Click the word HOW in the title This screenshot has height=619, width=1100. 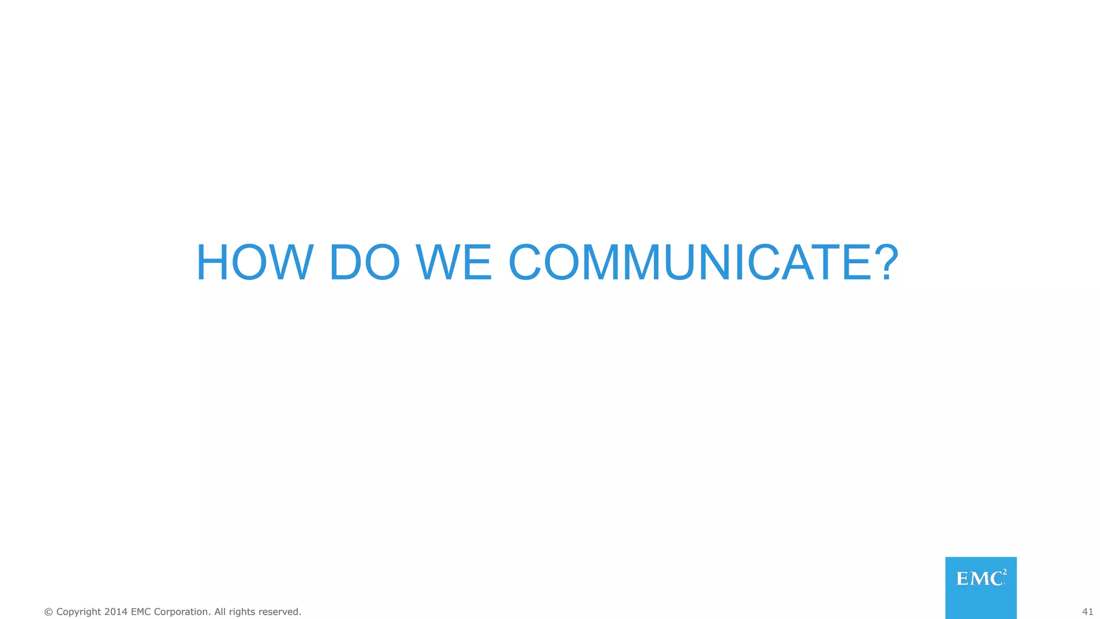(255, 263)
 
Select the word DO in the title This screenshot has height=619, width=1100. (365, 263)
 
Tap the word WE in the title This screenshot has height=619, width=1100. (454, 263)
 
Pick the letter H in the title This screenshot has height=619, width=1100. (214, 263)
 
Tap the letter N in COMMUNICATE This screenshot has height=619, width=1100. (717, 263)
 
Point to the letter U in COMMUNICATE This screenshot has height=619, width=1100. (679, 263)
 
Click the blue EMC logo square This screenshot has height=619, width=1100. (981, 588)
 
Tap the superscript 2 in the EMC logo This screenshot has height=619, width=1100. (1004, 572)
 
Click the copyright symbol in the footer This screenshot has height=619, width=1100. (49, 612)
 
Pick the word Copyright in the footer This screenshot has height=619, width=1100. (78, 612)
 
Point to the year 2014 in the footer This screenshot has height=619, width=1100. (116, 612)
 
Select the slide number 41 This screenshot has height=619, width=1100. (1087, 612)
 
